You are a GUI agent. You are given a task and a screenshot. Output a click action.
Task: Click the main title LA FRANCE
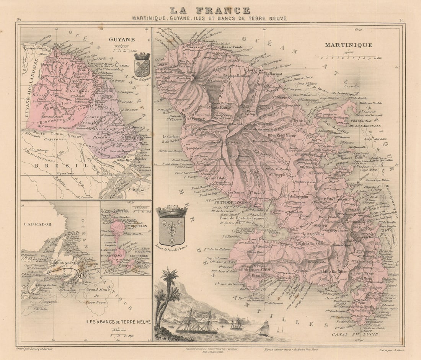[210, 10]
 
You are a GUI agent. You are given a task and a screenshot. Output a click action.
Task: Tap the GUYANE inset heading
[121, 39]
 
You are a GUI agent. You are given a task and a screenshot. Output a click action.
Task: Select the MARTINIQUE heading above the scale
[348, 45]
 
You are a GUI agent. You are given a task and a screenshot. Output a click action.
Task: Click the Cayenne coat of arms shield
[142, 65]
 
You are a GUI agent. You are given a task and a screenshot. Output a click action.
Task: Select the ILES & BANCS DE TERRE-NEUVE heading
[117, 322]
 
